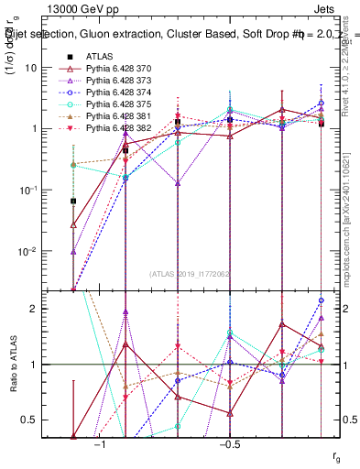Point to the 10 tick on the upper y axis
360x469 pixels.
click(x=56, y=67)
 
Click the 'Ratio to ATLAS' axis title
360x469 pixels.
click(x=14, y=365)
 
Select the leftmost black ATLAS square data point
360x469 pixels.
click(x=73, y=201)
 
